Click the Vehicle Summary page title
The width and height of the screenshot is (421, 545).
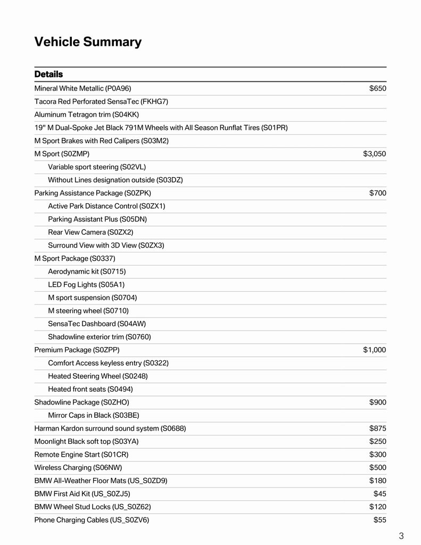point(88,42)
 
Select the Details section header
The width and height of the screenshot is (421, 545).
point(48,74)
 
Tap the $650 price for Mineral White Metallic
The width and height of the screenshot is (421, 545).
point(377,88)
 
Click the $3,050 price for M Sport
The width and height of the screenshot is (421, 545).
point(374,154)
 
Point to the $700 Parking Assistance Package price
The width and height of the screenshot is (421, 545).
point(377,193)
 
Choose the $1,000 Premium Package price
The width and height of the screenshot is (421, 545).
point(374,350)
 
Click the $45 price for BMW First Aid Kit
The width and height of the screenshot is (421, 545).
point(379,493)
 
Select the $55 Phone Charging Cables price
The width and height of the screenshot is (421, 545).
point(379,519)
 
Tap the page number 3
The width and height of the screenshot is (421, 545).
point(401,536)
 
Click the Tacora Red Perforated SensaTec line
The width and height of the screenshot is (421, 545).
point(101,101)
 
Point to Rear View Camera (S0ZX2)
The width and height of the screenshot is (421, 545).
point(90,232)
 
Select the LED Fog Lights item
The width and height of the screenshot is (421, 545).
point(86,284)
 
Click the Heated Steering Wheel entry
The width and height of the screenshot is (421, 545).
point(98,376)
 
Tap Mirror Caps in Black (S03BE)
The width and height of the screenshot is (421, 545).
point(93,415)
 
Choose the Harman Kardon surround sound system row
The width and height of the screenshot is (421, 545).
point(110,428)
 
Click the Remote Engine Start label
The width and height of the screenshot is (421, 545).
point(81,455)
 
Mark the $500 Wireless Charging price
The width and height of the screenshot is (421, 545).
point(377,467)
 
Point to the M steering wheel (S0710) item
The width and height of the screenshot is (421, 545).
point(88,310)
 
